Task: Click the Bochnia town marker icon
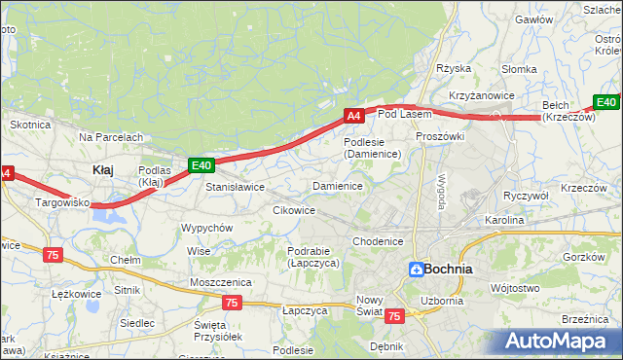pyautogui.click(x=416, y=270)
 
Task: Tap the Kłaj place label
pyautogui.click(x=102, y=169)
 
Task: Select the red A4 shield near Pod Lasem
pyautogui.click(x=354, y=116)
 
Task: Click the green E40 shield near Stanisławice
pyautogui.click(x=201, y=165)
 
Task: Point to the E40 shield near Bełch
pyautogui.click(x=606, y=102)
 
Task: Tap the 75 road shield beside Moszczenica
pyautogui.click(x=230, y=303)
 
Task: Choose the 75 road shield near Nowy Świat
pyautogui.click(x=394, y=316)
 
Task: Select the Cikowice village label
pyautogui.click(x=294, y=210)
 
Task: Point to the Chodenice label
pyautogui.click(x=378, y=241)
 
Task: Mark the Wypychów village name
pyautogui.click(x=206, y=228)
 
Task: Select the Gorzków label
pyautogui.click(x=584, y=257)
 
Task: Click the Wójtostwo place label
pyautogui.click(x=515, y=288)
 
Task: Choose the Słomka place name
pyautogui.click(x=519, y=69)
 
